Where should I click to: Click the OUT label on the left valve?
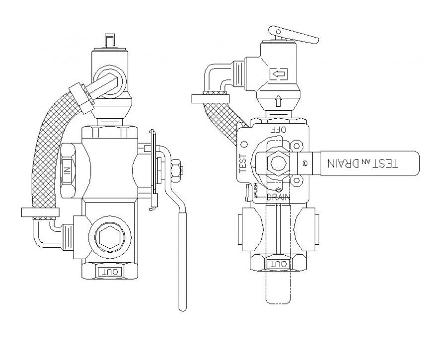coord(109,271)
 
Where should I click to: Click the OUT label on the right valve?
coord(278,265)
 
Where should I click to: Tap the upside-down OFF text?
coord(278,129)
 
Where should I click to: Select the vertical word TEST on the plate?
coord(243,162)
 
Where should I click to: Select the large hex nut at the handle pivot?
coord(276,163)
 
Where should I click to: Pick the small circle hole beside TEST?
coord(244,144)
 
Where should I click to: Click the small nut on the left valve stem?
coord(175,169)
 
